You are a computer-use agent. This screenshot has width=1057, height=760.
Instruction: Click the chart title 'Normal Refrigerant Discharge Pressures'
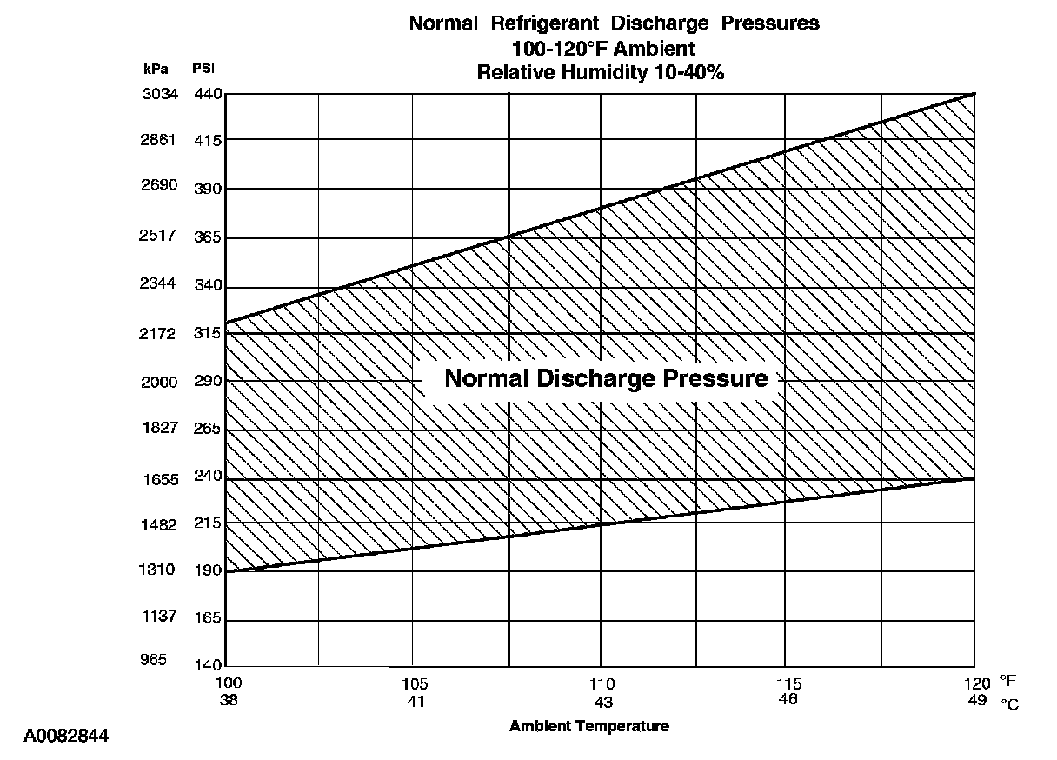[x=614, y=23]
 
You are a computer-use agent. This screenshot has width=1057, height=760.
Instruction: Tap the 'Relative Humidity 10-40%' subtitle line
[x=600, y=73]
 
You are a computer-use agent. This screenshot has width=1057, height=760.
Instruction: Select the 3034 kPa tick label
[x=159, y=94]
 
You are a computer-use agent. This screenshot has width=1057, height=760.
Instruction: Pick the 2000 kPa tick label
[x=159, y=383]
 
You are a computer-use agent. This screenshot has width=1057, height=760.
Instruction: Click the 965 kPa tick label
[x=154, y=660]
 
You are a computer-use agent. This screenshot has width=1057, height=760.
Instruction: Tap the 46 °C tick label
[x=788, y=699]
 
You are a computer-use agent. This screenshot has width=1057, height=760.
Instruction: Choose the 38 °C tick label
[x=228, y=699]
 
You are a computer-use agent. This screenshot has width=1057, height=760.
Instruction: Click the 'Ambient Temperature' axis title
[x=589, y=726]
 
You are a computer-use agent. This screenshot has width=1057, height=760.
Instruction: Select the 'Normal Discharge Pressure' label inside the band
[x=606, y=379]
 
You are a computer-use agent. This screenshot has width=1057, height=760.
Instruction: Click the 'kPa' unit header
[x=156, y=69]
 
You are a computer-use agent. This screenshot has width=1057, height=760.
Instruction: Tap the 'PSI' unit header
[x=203, y=69]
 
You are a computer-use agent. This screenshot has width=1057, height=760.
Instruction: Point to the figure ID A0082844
[x=65, y=737]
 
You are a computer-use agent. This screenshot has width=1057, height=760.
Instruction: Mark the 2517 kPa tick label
[x=159, y=236]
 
